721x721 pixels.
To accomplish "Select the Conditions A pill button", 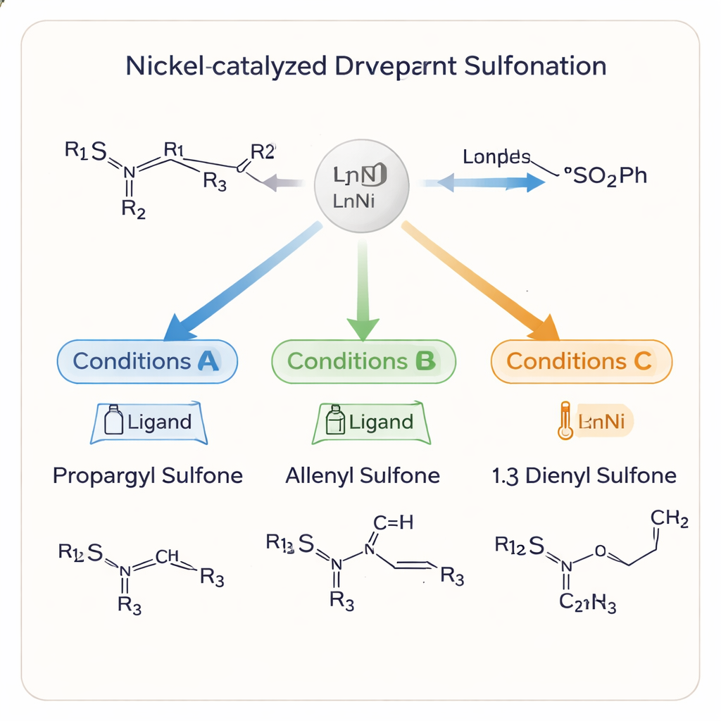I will coord(146,361).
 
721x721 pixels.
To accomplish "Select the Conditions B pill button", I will coord(363,361).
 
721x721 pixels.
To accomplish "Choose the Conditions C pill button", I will coord(581,361).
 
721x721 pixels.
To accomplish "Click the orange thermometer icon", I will coord(564,422).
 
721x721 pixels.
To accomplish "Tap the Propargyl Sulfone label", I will coord(148,475).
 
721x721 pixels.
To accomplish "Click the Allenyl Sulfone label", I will coord(363,475).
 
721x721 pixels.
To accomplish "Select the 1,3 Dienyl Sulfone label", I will coord(583,475).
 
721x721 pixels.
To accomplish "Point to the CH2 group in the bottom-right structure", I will coord(670,519).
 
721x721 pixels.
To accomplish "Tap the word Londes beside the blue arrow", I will coord(496,157).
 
